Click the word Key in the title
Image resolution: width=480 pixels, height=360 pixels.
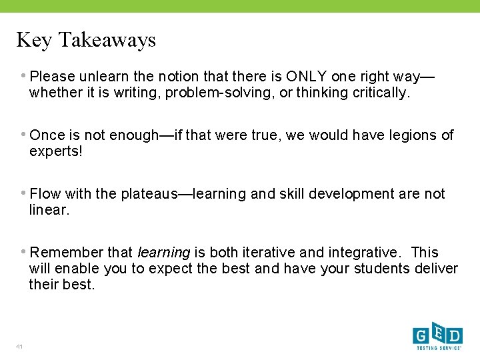33,40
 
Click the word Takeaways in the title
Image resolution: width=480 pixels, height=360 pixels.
107,40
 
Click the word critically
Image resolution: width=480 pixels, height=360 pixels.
379,93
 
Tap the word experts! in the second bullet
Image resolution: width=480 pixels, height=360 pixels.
56,151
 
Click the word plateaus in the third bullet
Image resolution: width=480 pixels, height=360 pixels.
146,194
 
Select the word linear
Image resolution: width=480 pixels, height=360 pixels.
49,210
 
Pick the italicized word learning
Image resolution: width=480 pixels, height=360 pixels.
163,253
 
